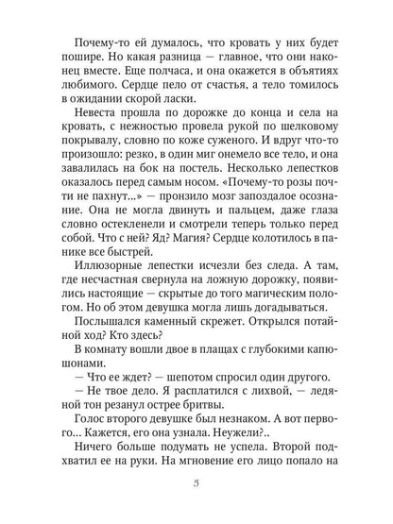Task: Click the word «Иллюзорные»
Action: coord(104,279)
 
